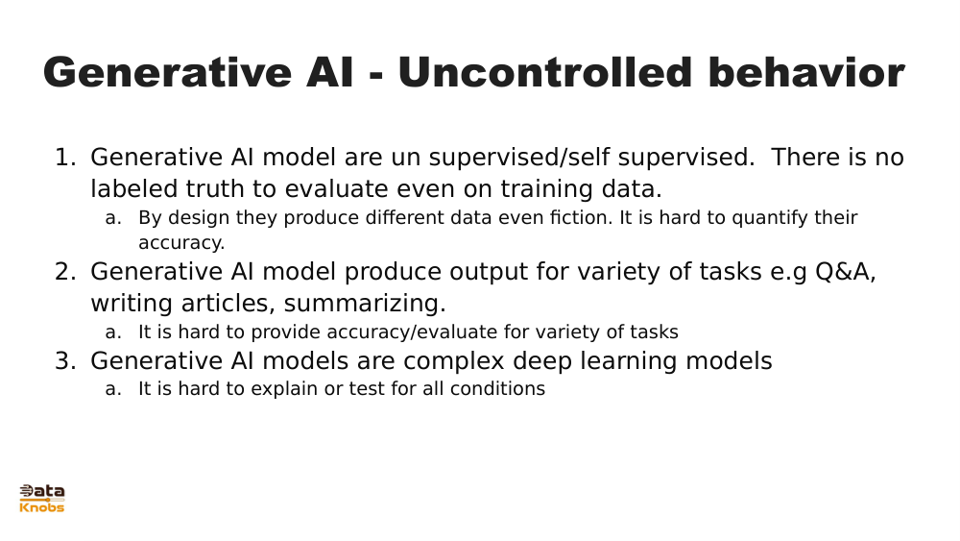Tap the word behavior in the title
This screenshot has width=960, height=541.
(x=806, y=74)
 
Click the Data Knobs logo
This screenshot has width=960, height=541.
(x=42, y=498)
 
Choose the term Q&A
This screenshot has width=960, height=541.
(x=845, y=272)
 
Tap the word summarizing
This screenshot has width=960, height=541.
(x=365, y=304)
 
